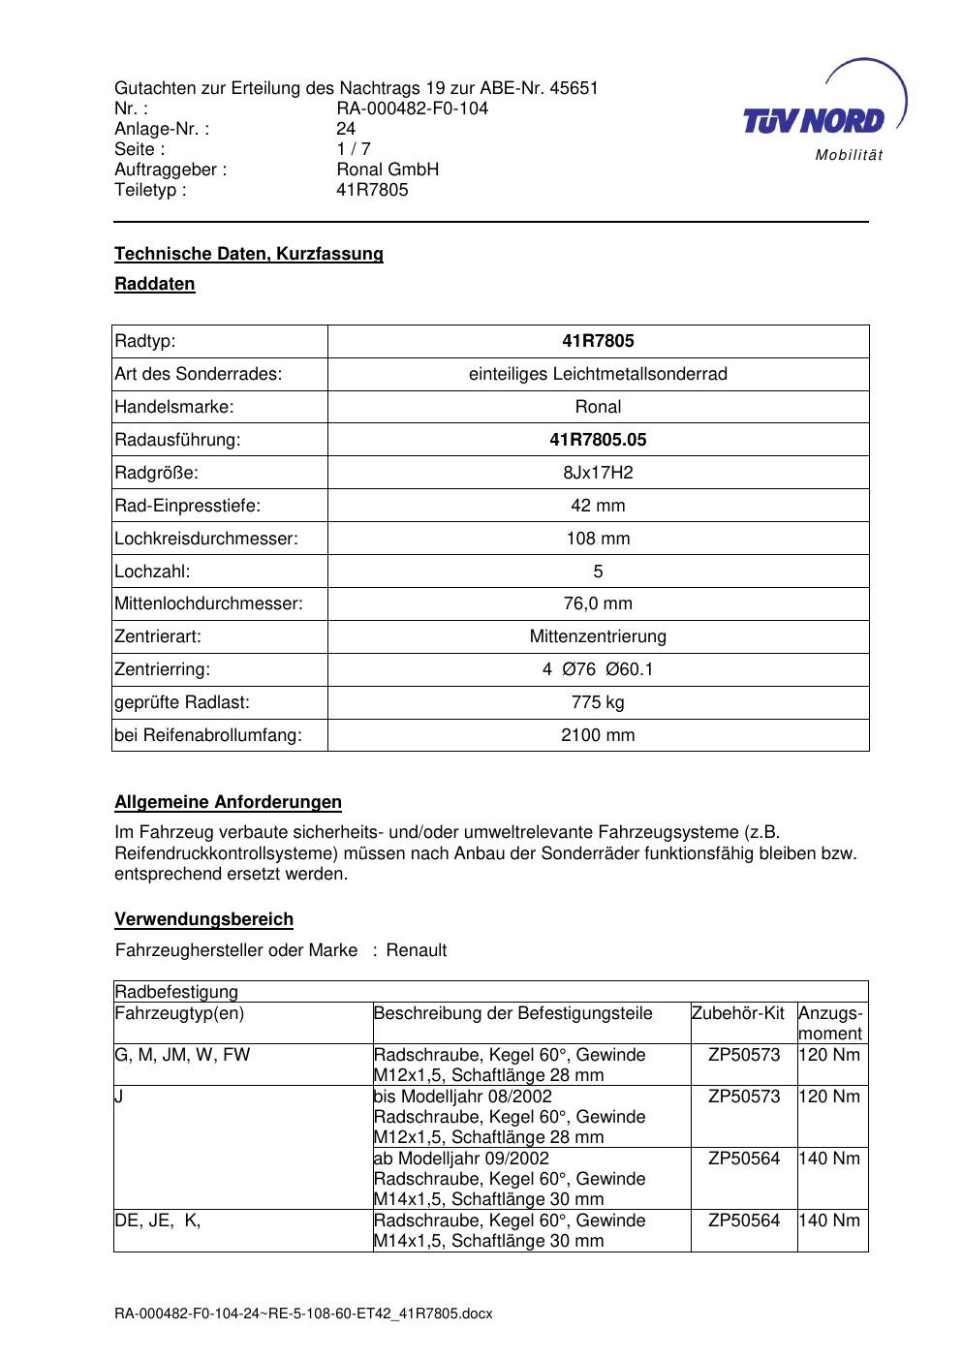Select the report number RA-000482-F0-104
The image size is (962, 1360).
pyautogui.click(x=412, y=108)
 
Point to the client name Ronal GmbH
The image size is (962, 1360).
pyautogui.click(x=388, y=170)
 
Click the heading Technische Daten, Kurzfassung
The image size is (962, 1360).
pyautogui.click(x=249, y=254)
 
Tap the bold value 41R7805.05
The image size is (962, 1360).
pyautogui.click(x=598, y=440)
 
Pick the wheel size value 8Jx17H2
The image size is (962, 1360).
pyautogui.click(x=598, y=473)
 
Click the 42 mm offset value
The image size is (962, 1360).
pyautogui.click(x=598, y=506)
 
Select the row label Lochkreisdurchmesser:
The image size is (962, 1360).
pyautogui.click(x=206, y=539)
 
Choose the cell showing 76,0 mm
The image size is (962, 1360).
pyautogui.click(x=598, y=603)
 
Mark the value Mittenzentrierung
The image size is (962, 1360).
pyautogui.click(x=598, y=636)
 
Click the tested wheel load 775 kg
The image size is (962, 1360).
pyautogui.click(x=598, y=702)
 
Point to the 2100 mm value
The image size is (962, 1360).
pyautogui.click(x=598, y=735)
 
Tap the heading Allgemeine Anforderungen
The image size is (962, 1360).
pyautogui.click(x=228, y=802)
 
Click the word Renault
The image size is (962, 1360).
pyautogui.click(x=417, y=950)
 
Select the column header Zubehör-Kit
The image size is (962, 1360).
pyautogui.click(x=737, y=1013)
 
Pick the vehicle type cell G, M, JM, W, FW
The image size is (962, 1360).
pyautogui.click(x=182, y=1055)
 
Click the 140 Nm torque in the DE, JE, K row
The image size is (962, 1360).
pyautogui.click(x=829, y=1221)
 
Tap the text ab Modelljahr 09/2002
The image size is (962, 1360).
pyautogui.click(x=461, y=1159)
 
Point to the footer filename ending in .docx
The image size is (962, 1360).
pyautogui.click(x=303, y=1314)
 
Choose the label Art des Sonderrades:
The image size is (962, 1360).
pyautogui.click(x=199, y=374)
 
